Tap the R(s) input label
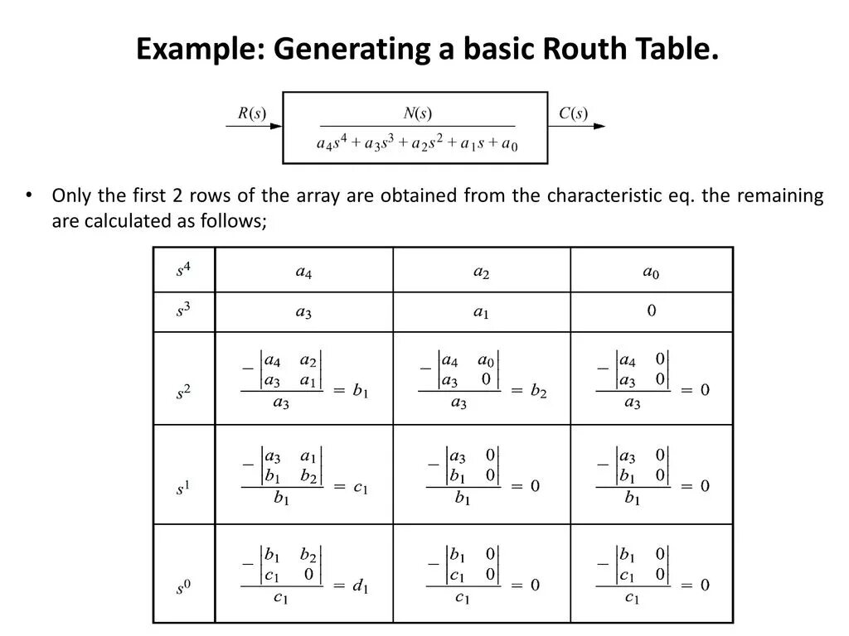252,114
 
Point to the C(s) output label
573,114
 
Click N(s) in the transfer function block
417,113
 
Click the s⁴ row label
183,270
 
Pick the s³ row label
183,311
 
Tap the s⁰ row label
183,589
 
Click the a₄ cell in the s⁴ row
303,272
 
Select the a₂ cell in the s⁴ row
481,272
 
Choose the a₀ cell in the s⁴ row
651,272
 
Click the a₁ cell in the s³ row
481,313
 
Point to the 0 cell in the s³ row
652,311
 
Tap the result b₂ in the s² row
539,391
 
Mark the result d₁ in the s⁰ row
360,586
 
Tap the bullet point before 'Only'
28,196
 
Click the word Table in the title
677,50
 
